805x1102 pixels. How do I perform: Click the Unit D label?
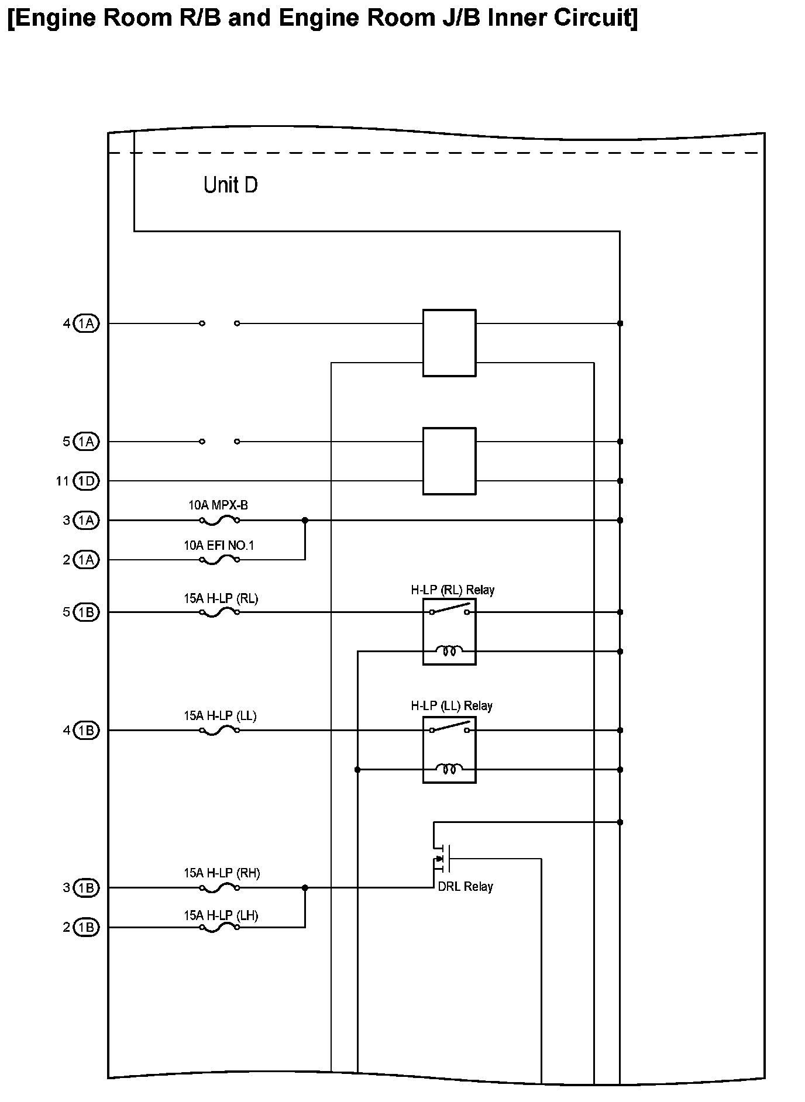(x=231, y=185)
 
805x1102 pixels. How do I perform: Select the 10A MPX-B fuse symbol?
(x=219, y=520)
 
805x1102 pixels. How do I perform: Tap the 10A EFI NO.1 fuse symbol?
(x=219, y=560)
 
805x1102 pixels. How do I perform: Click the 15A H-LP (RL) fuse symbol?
(x=219, y=612)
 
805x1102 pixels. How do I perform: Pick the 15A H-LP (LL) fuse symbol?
(x=219, y=731)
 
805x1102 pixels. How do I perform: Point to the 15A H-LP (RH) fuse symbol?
(x=219, y=888)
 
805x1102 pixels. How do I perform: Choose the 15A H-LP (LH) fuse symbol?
(x=219, y=927)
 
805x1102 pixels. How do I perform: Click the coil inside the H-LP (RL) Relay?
(x=449, y=651)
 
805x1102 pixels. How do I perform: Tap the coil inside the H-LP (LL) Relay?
(x=449, y=769)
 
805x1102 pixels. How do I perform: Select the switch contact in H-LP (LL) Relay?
(x=449, y=727)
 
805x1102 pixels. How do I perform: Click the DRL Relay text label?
(x=465, y=887)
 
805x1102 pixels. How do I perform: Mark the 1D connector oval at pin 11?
(x=87, y=481)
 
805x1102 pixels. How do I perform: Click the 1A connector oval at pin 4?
(x=87, y=323)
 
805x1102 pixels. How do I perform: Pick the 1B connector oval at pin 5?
(x=87, y=612)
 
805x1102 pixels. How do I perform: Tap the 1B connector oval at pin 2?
(x=87, y=927)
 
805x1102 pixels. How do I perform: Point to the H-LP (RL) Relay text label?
(x=452, y=590)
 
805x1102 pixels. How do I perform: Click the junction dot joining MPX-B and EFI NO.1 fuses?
(x=305, y=520)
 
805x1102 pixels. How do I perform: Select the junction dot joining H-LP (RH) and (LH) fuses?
(x=305, y=888)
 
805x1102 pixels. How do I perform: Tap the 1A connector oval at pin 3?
(x=87, y=520)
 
